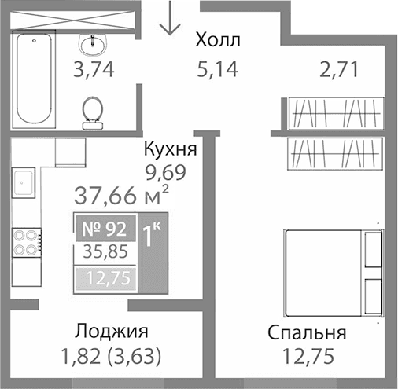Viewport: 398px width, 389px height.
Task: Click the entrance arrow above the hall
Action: click(x=168, y=19)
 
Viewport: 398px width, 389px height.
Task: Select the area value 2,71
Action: click(x=338, y=69)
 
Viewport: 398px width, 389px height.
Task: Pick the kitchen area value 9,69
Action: click(x=168, y=169)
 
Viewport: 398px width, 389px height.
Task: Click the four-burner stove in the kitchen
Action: click(x=26, y=241)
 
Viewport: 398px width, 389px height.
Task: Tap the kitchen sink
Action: click(x=24, y=184)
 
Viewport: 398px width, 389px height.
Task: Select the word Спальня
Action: click(x=307, y=332)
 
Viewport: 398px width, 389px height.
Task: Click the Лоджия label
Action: click(x=111, y=332)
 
